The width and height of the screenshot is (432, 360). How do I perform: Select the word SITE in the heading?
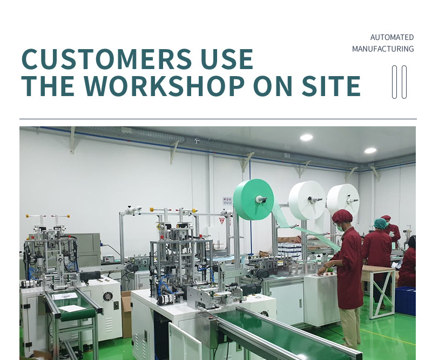click(331, 86)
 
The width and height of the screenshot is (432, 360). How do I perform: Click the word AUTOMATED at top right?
click(392, 37)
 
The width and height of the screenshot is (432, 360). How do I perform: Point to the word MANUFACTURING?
click(383, 49)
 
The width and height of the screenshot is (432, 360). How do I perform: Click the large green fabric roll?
click(253, 199)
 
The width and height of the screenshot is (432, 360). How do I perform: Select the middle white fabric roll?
click(307, 200)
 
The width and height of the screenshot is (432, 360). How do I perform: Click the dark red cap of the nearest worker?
click(342, 216)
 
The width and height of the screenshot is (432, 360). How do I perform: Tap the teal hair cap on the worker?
click(380, 222)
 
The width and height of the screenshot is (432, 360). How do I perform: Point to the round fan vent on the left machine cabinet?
click(107, 296)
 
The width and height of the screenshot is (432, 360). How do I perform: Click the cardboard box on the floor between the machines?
click(126, 314)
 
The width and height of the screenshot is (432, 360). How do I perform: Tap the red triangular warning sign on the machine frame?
click(222, 221)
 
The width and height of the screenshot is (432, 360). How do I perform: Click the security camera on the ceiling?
click(197, 141)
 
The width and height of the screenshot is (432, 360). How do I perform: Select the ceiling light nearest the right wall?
click(370, 151)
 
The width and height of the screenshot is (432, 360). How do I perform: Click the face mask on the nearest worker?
click(340, 228)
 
